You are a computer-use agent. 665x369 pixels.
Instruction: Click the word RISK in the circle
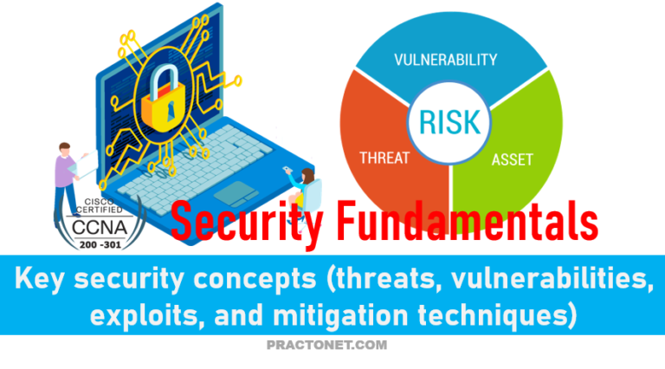pyautogui.click(x=450, y=120)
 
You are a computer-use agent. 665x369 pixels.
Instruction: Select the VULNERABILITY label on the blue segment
pyautogui.click(x=445, y=60)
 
